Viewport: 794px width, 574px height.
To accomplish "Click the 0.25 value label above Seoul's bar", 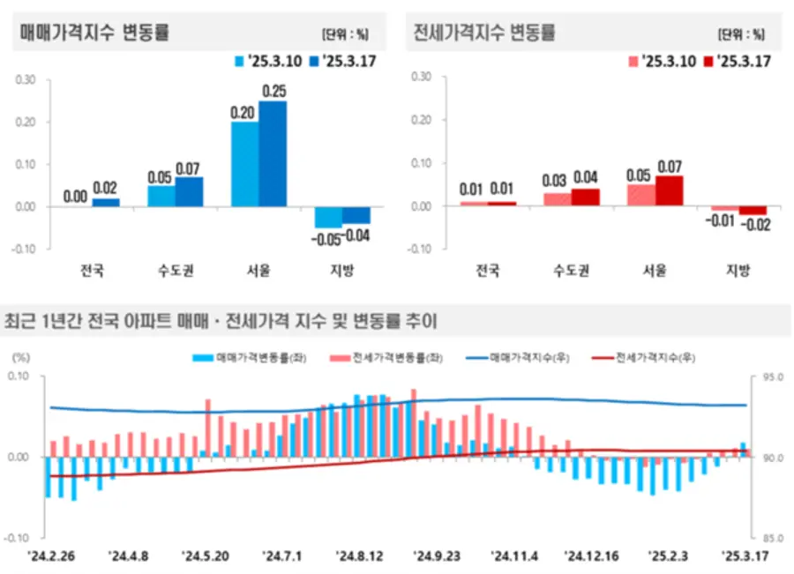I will (x=274, y=91).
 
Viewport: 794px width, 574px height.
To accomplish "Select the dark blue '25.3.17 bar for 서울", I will (x=273, y=154).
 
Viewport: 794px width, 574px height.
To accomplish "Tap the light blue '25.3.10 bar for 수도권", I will (x=161, y=196).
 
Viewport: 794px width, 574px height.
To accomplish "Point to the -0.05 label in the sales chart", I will (x=326, y=237).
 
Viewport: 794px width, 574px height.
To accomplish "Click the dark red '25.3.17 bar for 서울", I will (x=670, y=190).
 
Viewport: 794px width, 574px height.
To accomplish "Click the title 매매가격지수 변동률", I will (x=94, y=34).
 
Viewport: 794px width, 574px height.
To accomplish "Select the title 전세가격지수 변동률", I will (x=484, y=34).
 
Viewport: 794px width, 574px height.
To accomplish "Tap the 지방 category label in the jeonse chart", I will (x=738, y=270).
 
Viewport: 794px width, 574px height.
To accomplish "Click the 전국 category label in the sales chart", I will (x=91, y=270).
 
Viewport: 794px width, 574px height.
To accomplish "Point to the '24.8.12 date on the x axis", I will (x=358, y=556).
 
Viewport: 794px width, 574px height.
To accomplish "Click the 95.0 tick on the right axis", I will (x=771, y=377).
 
